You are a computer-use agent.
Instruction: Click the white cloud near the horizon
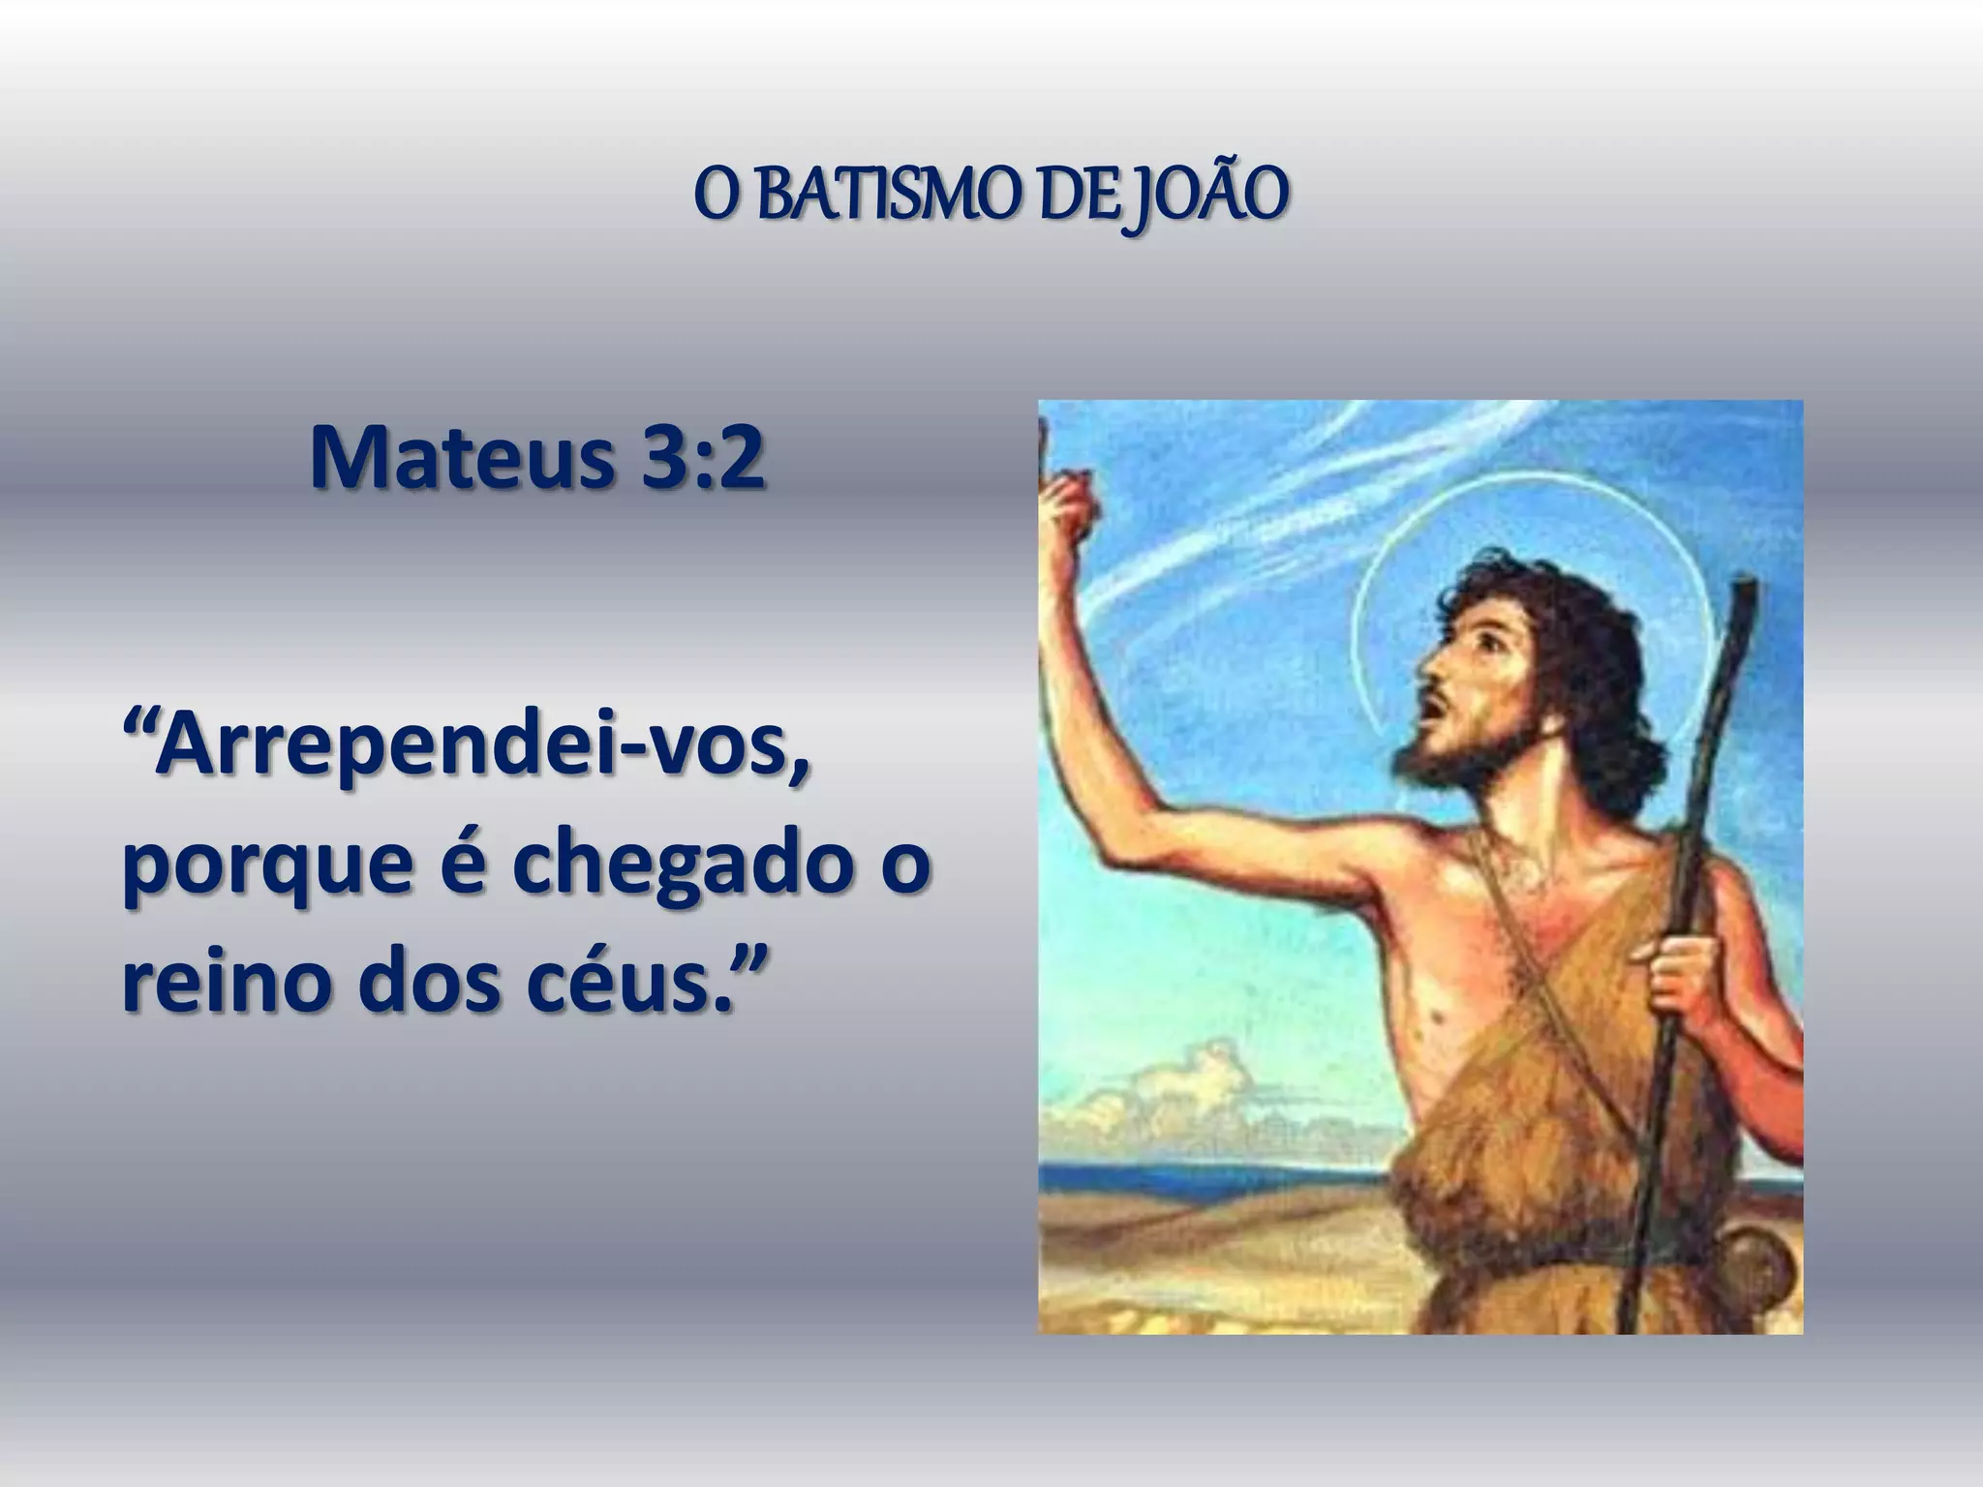click(1181, 1084)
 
